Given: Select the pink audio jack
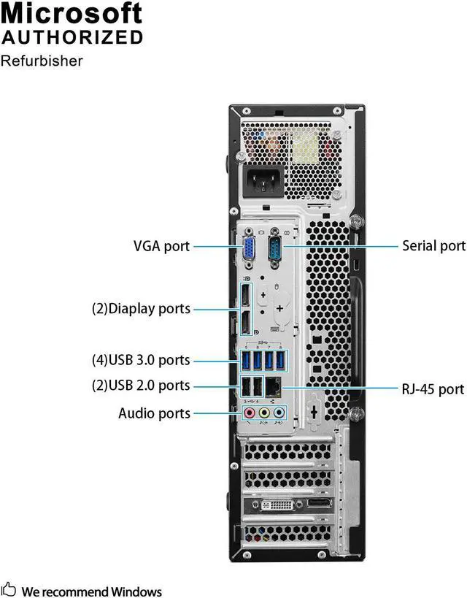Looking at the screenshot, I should tap(250, 413).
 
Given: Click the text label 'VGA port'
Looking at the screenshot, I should tap(161, 246).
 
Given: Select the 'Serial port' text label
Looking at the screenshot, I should tap(433, 246).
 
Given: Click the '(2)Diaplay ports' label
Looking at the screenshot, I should tap(141, 309).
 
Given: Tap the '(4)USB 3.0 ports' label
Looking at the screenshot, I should tap(140, 360).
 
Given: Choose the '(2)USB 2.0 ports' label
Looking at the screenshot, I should tap(140, 386).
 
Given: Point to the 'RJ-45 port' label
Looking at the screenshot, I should tap(433, 389).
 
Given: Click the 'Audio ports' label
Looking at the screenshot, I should tap(154, 413).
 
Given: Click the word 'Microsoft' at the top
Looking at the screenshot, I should tap(72, 13).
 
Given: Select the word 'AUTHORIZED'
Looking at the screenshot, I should tap(72, 37).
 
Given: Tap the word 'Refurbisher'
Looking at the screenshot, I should tap(42, 61).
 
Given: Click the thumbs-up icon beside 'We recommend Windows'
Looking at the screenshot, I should tap(9, 589).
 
